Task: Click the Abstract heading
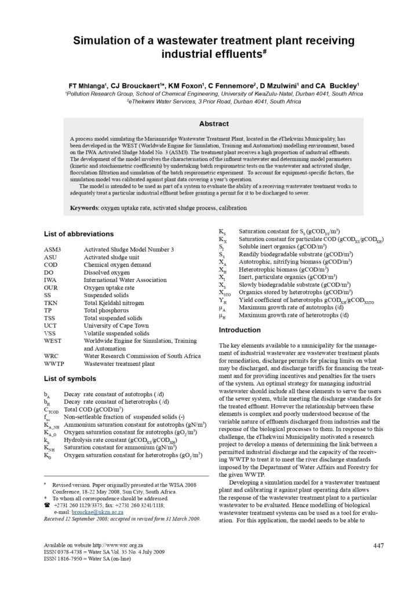pyautogui.click(x=214, y=123)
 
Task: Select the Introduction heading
pyautogui.click(x=240, y=330)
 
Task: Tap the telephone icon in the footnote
pyautogui.click(x=47, y=505)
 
